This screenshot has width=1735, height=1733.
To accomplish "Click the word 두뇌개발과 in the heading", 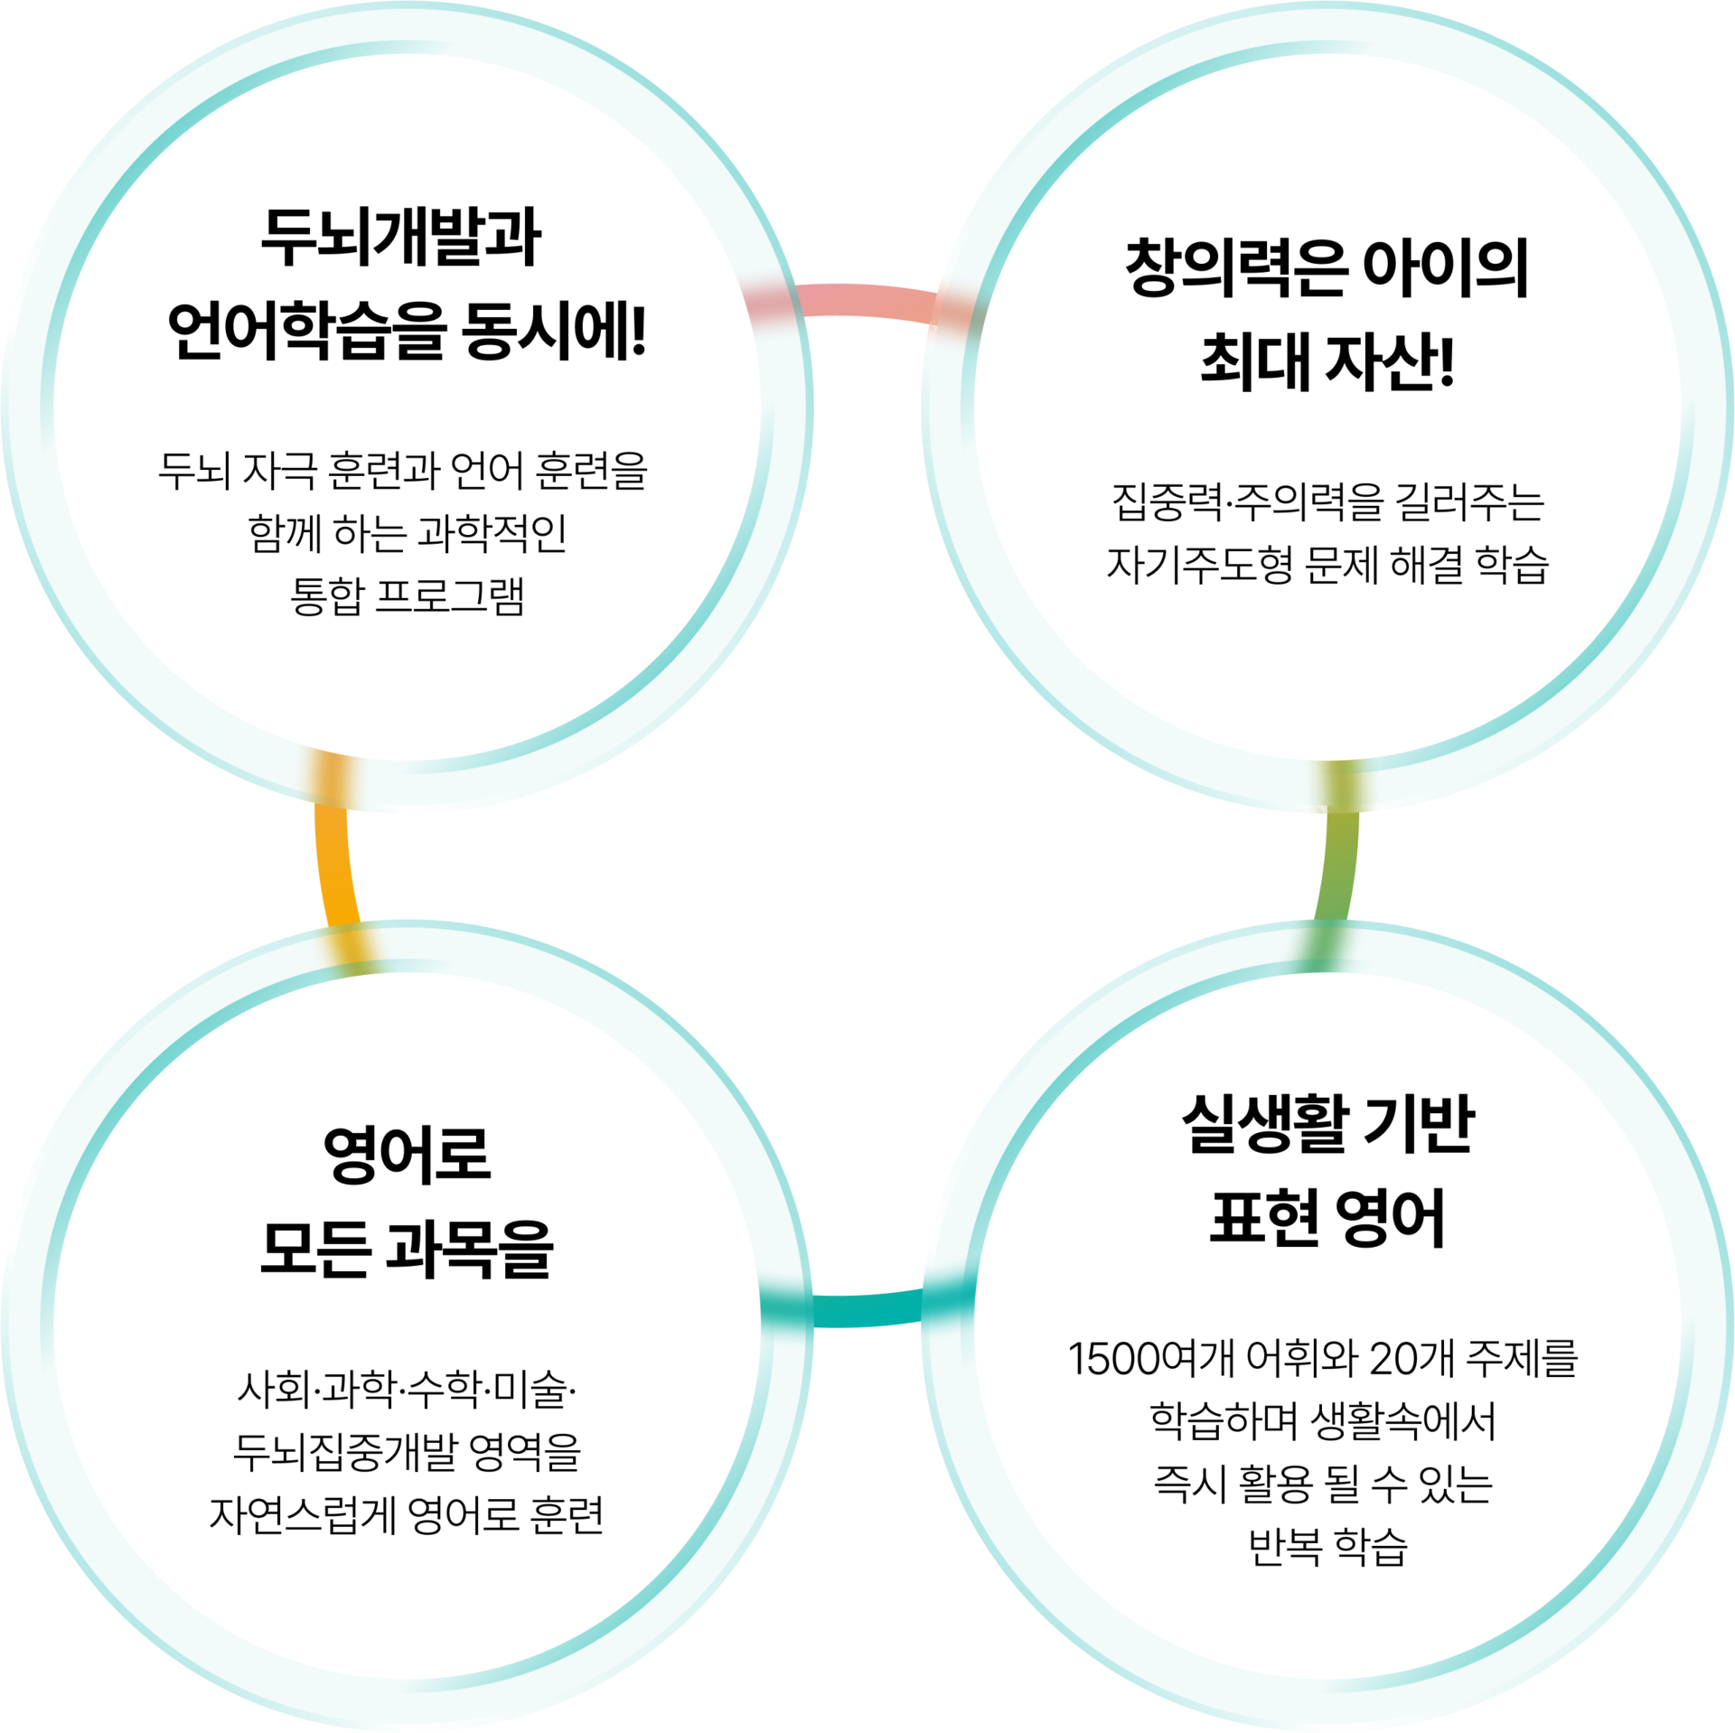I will point(400,237).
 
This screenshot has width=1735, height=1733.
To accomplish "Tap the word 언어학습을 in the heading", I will point(307,332).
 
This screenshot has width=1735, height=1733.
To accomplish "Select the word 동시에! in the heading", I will point(554,332).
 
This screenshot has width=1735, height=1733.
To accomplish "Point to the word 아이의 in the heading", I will point(1445,268).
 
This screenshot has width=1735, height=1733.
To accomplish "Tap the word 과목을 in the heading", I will point(468,1250).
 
